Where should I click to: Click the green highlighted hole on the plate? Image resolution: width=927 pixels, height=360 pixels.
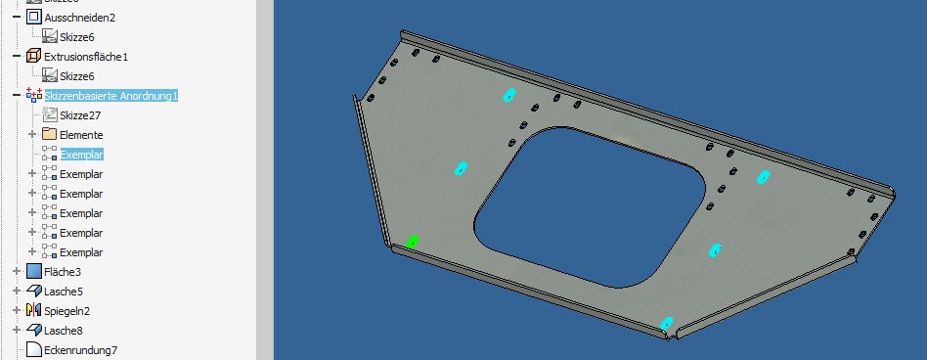point(413,242)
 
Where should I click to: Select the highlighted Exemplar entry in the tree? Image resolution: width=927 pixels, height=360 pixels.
point(81,155)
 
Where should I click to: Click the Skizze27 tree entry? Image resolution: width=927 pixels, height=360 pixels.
point(80,115)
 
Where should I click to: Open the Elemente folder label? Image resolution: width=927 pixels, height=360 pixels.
point(81,135)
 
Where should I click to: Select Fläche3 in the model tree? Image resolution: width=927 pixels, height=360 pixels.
point(64,272)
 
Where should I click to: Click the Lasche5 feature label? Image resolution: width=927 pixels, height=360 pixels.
point(64,292)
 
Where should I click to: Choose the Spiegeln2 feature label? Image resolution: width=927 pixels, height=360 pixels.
point(66,311)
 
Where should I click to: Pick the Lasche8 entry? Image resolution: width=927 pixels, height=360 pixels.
point(64,331)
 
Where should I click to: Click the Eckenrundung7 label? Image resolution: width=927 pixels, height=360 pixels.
point(80,350)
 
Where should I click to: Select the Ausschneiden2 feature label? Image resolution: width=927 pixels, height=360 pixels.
point(79,18)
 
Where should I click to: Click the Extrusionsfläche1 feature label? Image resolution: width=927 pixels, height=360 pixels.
point(86,57)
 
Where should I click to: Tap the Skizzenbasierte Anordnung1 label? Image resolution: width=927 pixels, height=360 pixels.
point(110,96)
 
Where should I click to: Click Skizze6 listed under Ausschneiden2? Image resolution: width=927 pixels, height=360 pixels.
point(76,37)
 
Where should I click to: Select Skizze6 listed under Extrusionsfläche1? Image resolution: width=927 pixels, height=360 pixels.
point(76,76)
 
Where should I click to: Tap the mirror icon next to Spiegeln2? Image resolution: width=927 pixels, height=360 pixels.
point(34,311)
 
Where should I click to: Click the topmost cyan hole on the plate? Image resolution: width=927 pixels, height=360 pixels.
point(509,95)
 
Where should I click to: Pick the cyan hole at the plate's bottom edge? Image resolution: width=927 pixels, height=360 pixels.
point(667,322)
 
